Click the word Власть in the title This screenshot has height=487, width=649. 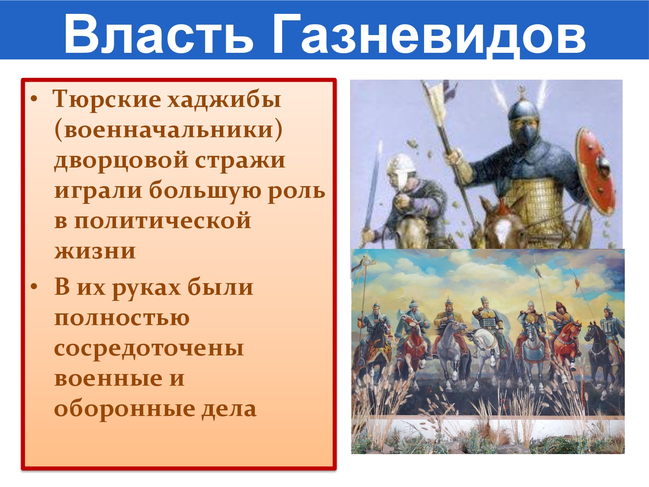tap(158, 33)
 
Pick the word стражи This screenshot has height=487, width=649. tap(240, 161)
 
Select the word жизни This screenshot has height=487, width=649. tap(95, 252)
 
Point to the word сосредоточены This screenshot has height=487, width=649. tap(149, 348)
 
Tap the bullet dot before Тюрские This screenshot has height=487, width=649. tap(34, 100)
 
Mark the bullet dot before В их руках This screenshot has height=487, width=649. tap(34, 287)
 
